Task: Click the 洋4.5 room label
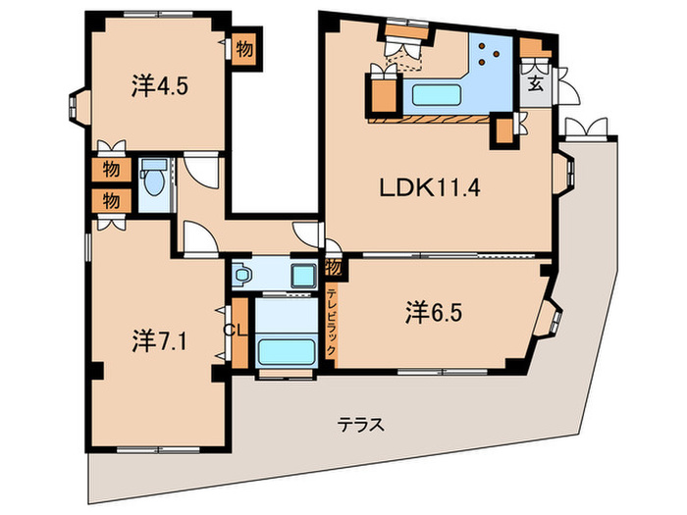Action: pyautogui.click(x=160, y=85)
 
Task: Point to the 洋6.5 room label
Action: pyautogui.click(x=434, y=314)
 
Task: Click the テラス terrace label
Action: pyautogui.click(x=360, y=425)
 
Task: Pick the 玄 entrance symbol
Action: pyautogui.click(x=537, y=81)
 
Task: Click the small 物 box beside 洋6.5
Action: pyautogui.click(x=334, y=266)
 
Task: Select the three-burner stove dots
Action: pyautogui.click(x=489, y=52)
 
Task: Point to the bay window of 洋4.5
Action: pyautogui.click(x=76, y=103)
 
